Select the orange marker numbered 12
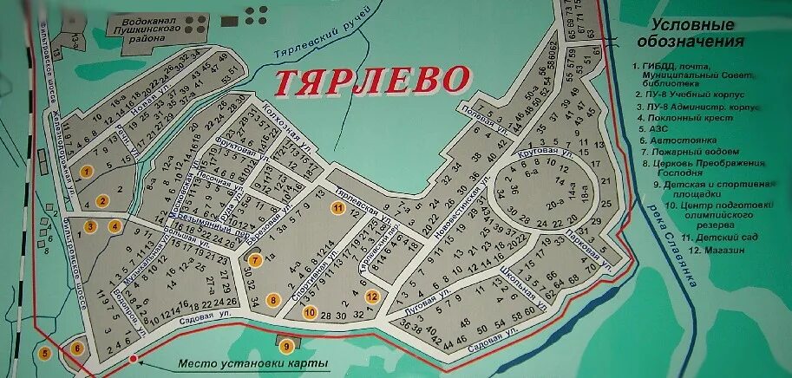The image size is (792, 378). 372,297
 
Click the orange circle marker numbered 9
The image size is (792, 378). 286,346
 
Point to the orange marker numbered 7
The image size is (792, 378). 255,259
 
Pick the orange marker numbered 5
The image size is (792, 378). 44,353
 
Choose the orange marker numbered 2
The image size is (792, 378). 102,200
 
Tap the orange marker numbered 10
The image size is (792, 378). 310,313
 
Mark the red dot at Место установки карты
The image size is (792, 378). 131,357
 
